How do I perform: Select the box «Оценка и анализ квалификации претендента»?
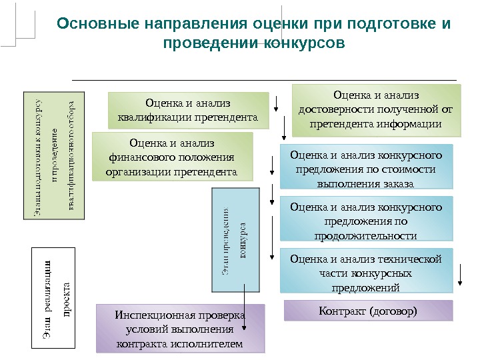click(188, 111)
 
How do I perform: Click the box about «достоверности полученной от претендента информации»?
click(376, 109)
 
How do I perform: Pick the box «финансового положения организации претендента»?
click(173, 157)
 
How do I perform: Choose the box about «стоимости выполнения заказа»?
click(366, 169)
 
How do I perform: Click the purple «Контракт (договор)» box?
click(368, 311)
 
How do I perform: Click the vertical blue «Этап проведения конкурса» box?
click(234, 241)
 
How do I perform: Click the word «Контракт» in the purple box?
click(341, 311)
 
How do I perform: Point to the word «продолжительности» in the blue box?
click(366, 236)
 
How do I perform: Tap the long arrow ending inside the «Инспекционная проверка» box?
click(245, 307)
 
